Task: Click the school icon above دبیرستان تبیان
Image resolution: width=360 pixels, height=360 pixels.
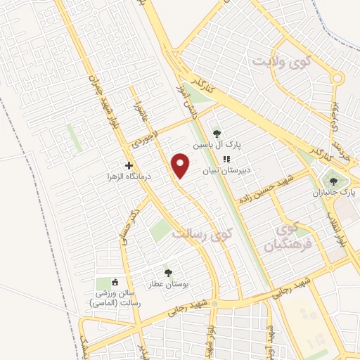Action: (227, 159)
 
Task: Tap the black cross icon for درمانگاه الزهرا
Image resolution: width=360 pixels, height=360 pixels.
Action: (127, 165)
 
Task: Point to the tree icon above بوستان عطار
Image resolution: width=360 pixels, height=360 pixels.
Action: (167, 273)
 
